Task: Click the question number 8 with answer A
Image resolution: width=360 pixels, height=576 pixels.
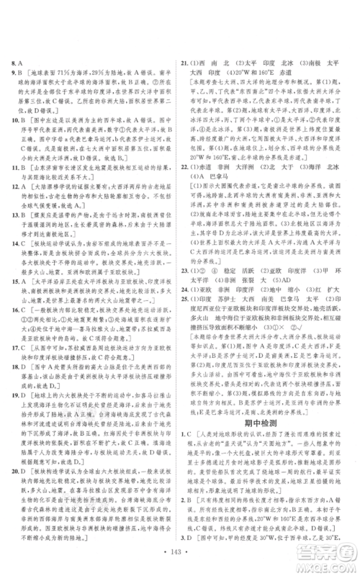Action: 14,63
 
